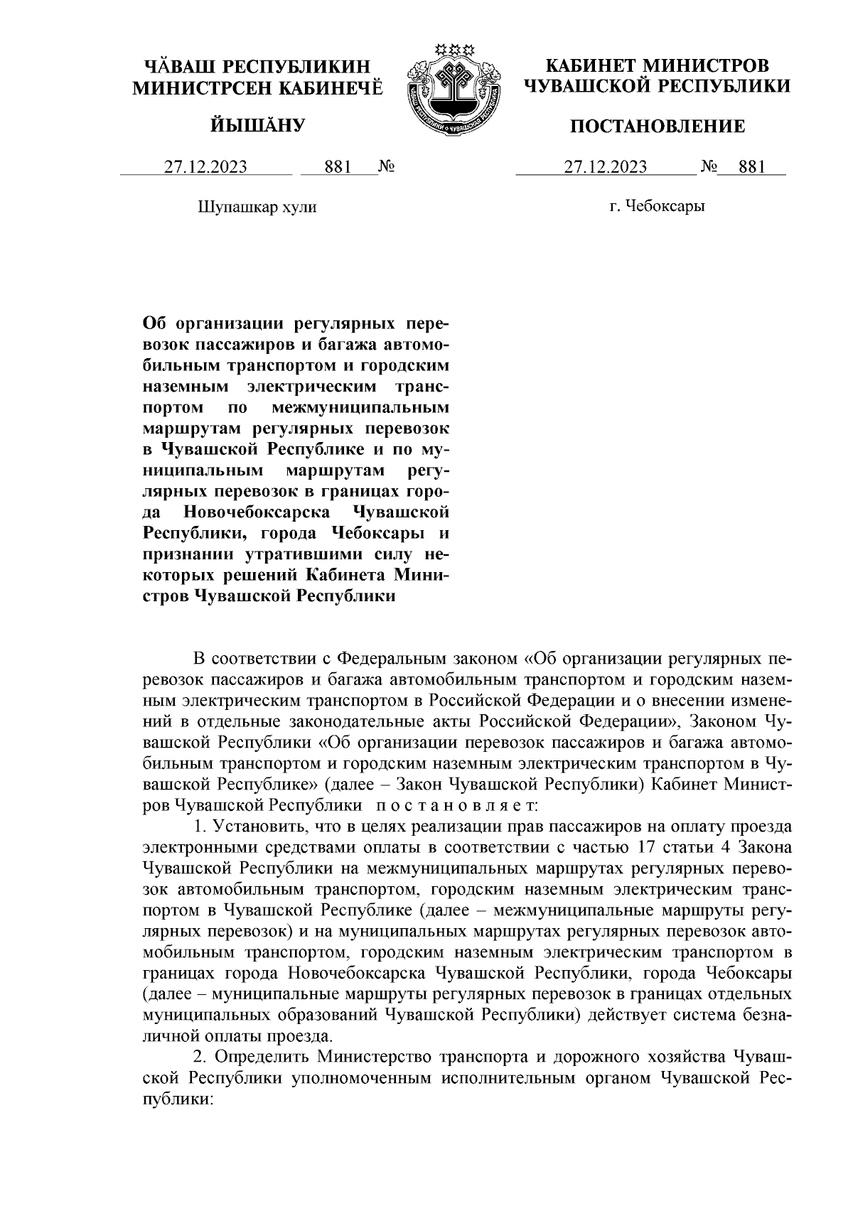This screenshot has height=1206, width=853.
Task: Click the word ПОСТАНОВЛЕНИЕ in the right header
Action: pos(658,126)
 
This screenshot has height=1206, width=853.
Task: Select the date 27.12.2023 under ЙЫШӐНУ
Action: pos(206,168)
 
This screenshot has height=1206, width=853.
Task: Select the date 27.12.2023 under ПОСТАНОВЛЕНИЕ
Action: pos(606,168)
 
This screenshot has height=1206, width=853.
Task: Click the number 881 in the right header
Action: pos(752,168)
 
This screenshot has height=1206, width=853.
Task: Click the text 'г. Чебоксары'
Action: pos(658,208)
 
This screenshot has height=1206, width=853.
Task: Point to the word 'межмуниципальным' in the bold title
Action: pos(361,409)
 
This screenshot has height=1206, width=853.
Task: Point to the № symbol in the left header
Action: pos(387,168)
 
